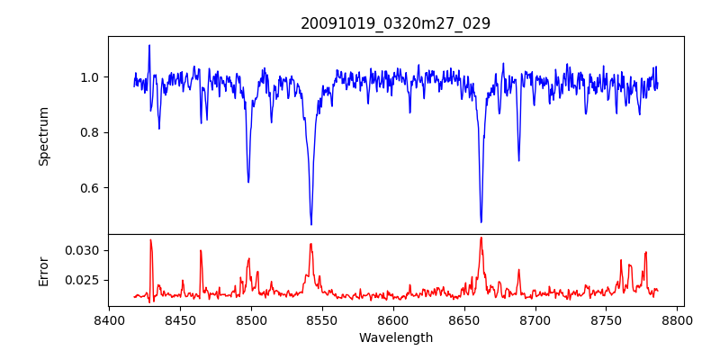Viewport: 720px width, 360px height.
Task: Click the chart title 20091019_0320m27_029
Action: [395, 23]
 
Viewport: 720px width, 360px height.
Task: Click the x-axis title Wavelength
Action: [395, 338]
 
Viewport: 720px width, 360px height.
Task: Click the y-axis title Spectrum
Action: [43, 136]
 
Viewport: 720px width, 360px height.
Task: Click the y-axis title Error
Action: [43, 270]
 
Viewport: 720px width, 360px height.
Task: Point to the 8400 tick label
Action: [109, 320]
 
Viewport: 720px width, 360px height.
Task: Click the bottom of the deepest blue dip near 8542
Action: [311, 224]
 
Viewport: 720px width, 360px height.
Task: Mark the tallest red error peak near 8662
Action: [481, 238]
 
